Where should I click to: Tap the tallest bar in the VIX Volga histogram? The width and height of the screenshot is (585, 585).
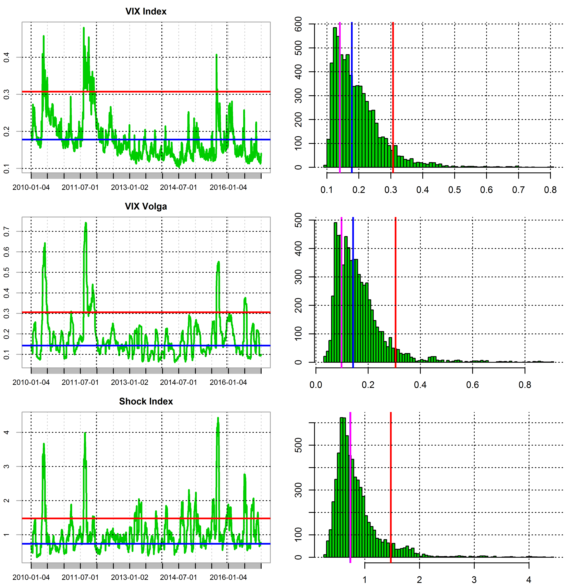point(335,292)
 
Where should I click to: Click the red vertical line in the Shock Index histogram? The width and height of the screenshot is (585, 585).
point(391,487)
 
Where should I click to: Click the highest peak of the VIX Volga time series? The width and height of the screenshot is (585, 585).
point(86,223)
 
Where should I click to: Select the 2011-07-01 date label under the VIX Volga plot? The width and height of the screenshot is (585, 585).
point(80,382)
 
